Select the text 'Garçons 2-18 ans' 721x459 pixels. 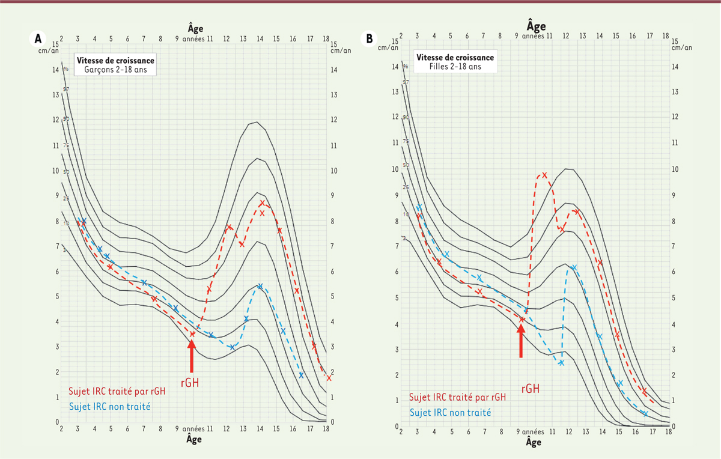(115, 70)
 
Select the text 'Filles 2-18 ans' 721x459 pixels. (455, 67)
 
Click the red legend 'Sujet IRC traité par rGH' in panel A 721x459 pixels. (117, 392)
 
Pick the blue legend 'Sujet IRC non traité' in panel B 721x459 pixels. (450, 413)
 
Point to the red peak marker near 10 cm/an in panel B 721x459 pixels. (544, 175)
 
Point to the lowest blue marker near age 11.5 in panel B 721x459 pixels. (561, 363)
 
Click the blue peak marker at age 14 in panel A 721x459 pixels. (260, 287)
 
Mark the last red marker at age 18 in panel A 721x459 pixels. (329, 378)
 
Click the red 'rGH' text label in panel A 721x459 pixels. (190, 381)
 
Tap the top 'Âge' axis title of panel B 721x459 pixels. (536, 26)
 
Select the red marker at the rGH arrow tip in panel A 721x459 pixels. (192, 334)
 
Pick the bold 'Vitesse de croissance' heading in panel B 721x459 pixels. (455, 58)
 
